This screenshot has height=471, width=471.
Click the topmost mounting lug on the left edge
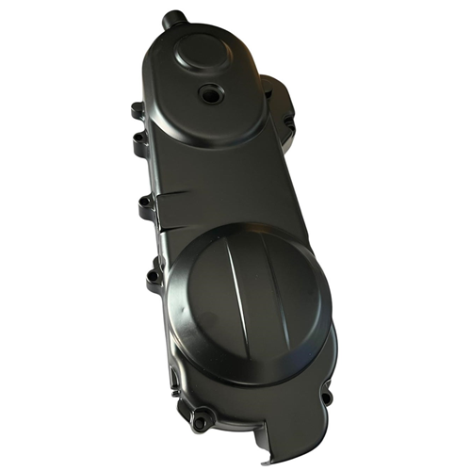click(x=137, y=111)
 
